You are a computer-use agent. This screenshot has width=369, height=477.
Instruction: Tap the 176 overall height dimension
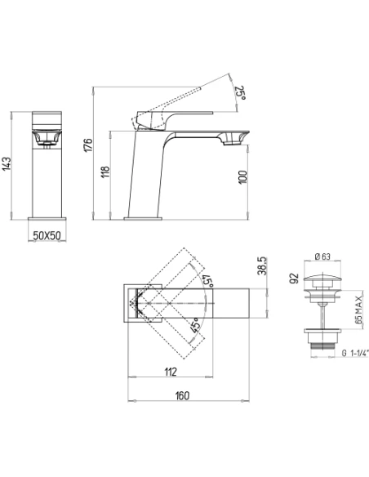tap(88, 145)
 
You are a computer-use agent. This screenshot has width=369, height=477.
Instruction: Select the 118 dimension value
tap(105, 172)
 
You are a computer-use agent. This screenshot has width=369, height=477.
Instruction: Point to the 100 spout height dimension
tap(242, 177)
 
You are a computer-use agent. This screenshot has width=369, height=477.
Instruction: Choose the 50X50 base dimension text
tap(47, 235)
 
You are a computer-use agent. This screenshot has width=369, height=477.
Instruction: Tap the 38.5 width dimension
tap(262, 266)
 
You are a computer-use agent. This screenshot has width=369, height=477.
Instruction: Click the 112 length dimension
tap(171, 372)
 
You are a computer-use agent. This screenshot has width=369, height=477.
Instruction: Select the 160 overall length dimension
tap(182, 395)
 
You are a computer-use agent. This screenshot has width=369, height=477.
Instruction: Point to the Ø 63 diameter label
tap(322, 256)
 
